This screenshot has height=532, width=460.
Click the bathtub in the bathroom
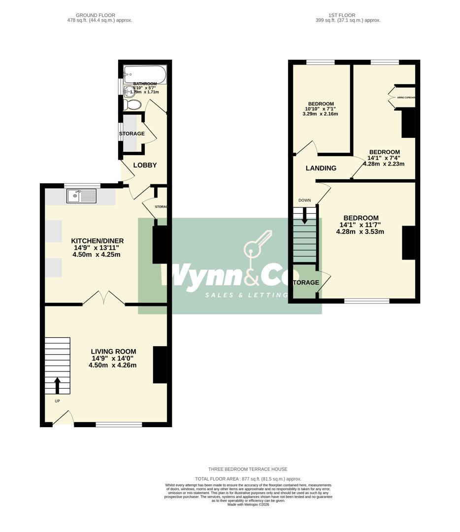pyautogui.click(x=145, y=73)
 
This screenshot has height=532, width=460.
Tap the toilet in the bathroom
pyautogui.click(x=131, y=104)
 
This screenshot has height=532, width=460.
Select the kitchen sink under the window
pyautogui.click(x=82, y=197)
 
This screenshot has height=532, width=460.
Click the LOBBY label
pyautogui.click(x=145, y=165)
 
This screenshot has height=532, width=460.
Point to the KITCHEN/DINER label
pyautogui.click(x=97, y=241)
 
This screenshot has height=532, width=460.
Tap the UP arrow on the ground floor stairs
pyautogui.click(x=57, y=385)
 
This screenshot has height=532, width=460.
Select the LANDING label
pyautogui.click(x=321, y=168)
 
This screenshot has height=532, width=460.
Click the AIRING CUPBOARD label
pyautogui.click(x=406, y=98)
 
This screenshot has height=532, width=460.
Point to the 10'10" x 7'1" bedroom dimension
pyautogui.click(x=320, y=108)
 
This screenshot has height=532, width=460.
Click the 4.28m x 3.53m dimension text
pyautogui.click(x=360, y=232)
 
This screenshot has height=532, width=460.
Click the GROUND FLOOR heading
pyautogui.click(x=99, y=15)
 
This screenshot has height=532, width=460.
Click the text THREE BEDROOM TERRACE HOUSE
pyautogui.click(x=248, y=469)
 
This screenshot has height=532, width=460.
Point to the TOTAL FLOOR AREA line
pyautogui.click(x=248, y=479)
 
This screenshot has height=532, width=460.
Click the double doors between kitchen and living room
pyautogui.click(x=103, y=299)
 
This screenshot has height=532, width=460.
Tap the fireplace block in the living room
pyautogui.click(x=160, y=365)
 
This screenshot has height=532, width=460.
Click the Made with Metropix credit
pyautogui.click(x=248, y=504)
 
